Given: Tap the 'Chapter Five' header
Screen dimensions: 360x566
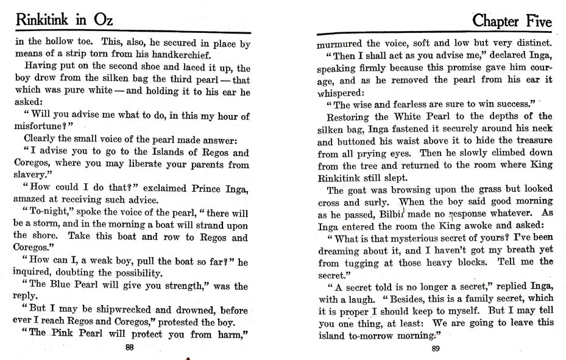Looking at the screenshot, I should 512,23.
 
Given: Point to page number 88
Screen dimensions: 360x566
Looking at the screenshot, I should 129,348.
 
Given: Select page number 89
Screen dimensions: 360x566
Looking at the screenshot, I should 435,348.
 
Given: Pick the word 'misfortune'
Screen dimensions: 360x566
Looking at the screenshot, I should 41,127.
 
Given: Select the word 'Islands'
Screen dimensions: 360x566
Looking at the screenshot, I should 171,152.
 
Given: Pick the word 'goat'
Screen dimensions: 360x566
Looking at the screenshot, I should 359,190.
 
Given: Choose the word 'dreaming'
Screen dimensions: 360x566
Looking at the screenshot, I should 341,250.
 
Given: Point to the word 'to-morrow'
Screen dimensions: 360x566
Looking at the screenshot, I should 370,335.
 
